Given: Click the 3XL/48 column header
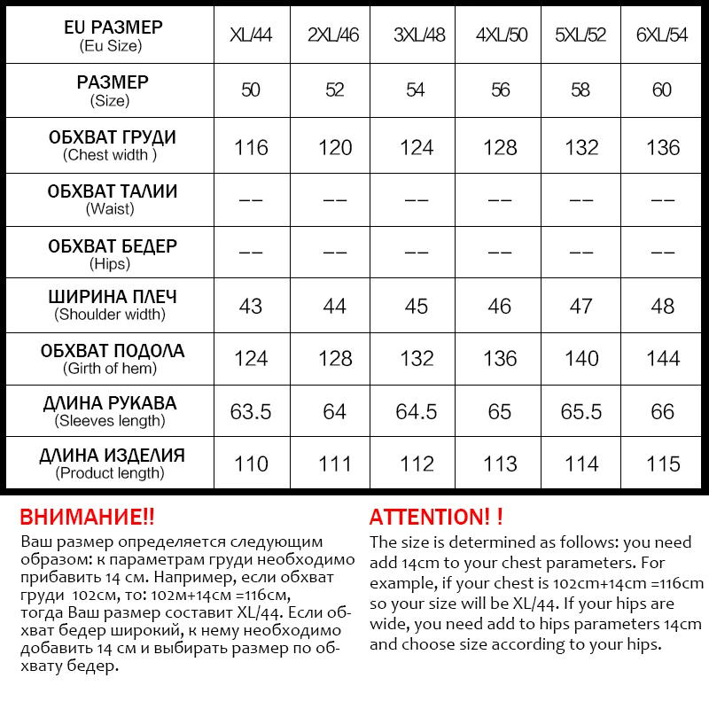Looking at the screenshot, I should click(x=419, y=36).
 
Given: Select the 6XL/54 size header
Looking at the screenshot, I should click(x=662, y=36).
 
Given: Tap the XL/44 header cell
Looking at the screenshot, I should click(x=252, y=36).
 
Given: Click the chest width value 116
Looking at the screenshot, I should click(x=252, y=147).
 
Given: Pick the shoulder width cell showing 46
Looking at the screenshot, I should click(x=500, y=307).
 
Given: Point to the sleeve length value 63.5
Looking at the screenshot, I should click(x=252, y=412).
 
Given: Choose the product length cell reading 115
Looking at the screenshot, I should click(x=663, y=464).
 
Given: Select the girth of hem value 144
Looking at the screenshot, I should click(x=663, y=359).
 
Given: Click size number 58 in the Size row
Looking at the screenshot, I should click(x=581, y=90).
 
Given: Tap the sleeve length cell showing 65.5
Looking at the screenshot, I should click(x=581, y=412).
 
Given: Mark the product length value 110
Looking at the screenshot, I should click(x=252, y=464).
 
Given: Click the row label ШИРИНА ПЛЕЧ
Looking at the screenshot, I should click(x=112, y=298).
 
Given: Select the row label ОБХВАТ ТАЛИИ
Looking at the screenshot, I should click(x=112, y=191).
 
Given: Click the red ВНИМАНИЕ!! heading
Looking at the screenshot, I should click(x=86, y=518).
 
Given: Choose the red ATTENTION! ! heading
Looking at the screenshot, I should click(x=436, y=518).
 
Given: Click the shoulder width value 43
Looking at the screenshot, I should click(x=251, y=307).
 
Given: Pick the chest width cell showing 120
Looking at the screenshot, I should click(x=335, y=147).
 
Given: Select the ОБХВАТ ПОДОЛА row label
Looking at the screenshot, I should click(x=112, y=351).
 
